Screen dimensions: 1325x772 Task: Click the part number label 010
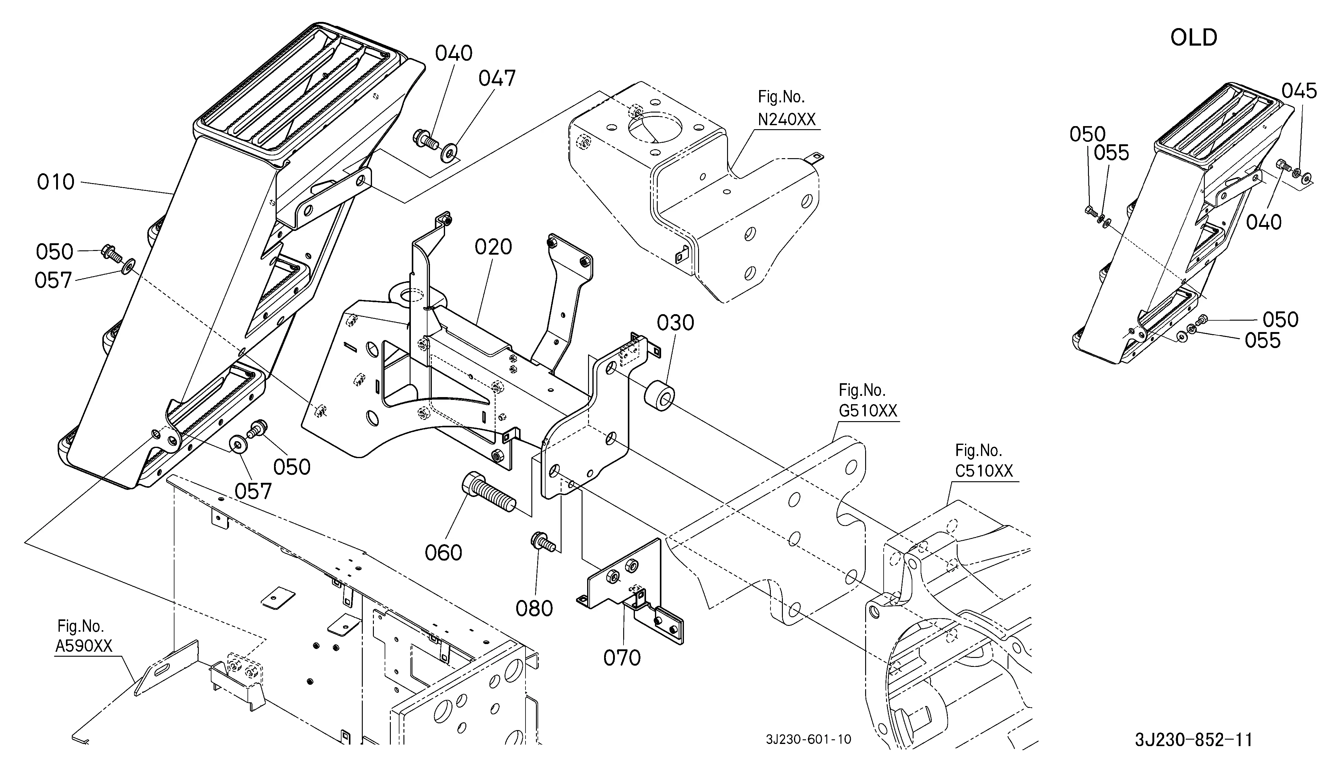coord(56,183)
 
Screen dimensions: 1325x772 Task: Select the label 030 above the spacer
coord(676,323)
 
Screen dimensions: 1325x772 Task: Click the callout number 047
coord(497,79)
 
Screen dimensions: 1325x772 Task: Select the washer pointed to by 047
coord(450,153)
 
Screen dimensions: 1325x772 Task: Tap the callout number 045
coord(1299,91)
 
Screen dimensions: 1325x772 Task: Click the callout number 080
coord(534,609)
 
